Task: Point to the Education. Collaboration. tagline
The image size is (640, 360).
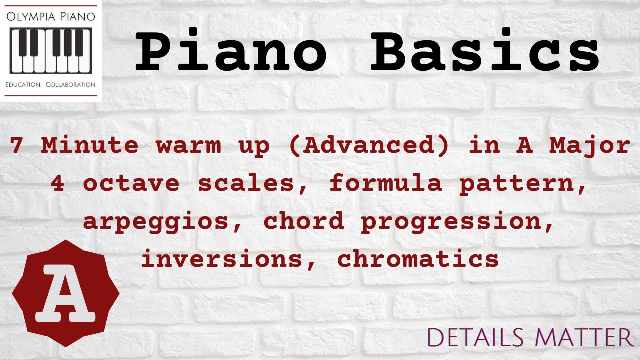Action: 50,85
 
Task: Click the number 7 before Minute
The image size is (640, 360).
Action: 17,145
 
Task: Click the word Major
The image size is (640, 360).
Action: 589,146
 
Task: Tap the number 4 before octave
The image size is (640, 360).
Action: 57,183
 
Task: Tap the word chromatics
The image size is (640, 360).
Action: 418,259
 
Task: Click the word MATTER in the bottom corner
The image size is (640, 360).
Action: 584,338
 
